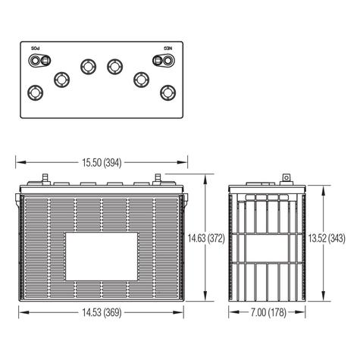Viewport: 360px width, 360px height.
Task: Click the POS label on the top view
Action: tap(36, 49)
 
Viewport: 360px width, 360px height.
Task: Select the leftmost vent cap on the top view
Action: tap(34, 92)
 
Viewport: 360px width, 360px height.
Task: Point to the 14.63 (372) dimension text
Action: tap(205, 239)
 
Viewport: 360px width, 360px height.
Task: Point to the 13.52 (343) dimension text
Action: tap(327, 239)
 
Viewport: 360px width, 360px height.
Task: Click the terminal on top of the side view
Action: tap(286, 179)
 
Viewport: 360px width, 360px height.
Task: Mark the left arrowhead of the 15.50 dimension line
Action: tap(19, 161)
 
